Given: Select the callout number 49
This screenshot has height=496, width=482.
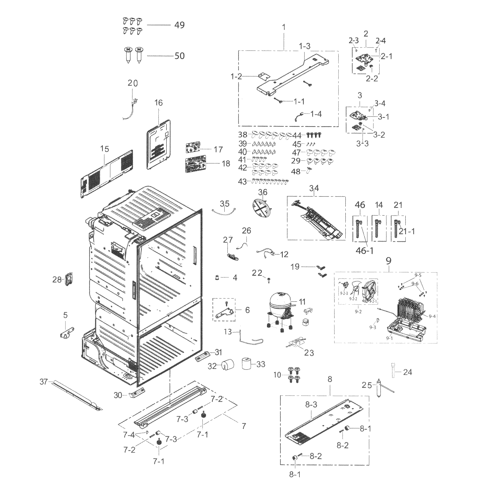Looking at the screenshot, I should click(x=179, y=25).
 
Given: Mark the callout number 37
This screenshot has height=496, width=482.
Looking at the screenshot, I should click(x=44, y=382).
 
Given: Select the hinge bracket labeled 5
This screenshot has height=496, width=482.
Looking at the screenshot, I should click(x=67, y=332).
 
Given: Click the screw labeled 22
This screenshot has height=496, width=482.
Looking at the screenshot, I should click(x=269, y=280).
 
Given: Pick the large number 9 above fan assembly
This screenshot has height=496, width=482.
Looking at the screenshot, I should click(x=388, y=261).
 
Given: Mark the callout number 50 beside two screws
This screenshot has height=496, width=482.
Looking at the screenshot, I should click(x=179, y=56).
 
